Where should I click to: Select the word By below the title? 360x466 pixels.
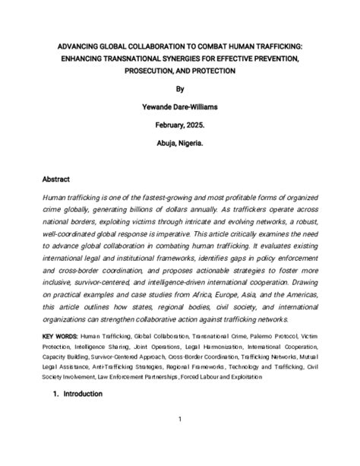coord(180,88)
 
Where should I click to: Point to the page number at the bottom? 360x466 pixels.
coord(180,419)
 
